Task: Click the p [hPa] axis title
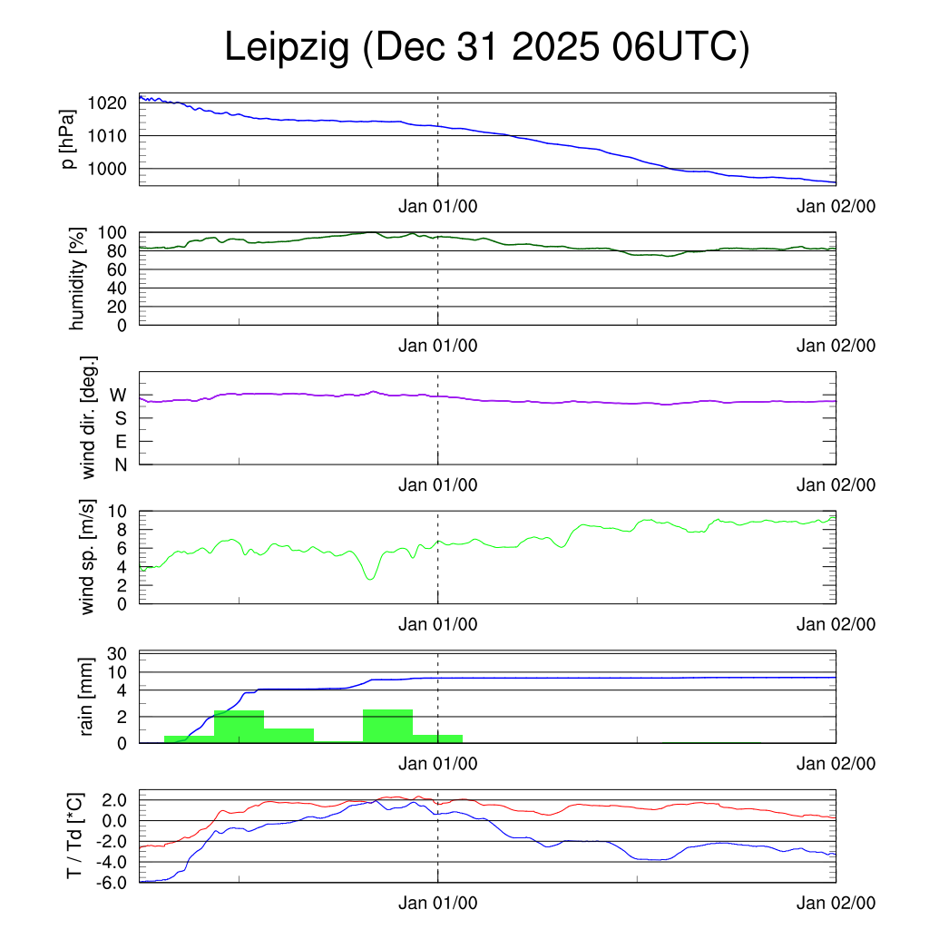[x=68, y=139]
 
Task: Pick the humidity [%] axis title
[x=76, y=279]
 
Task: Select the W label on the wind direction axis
[x=118, y=396]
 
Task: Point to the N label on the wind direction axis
[x=120, y=464]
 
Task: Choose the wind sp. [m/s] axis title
[x=87, y=556]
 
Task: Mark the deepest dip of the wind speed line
[x=369, y=578]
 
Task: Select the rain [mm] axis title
[x=87, y=698]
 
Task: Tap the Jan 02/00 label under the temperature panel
[x=836, y=903]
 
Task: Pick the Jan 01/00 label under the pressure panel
[x=438, y=206]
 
